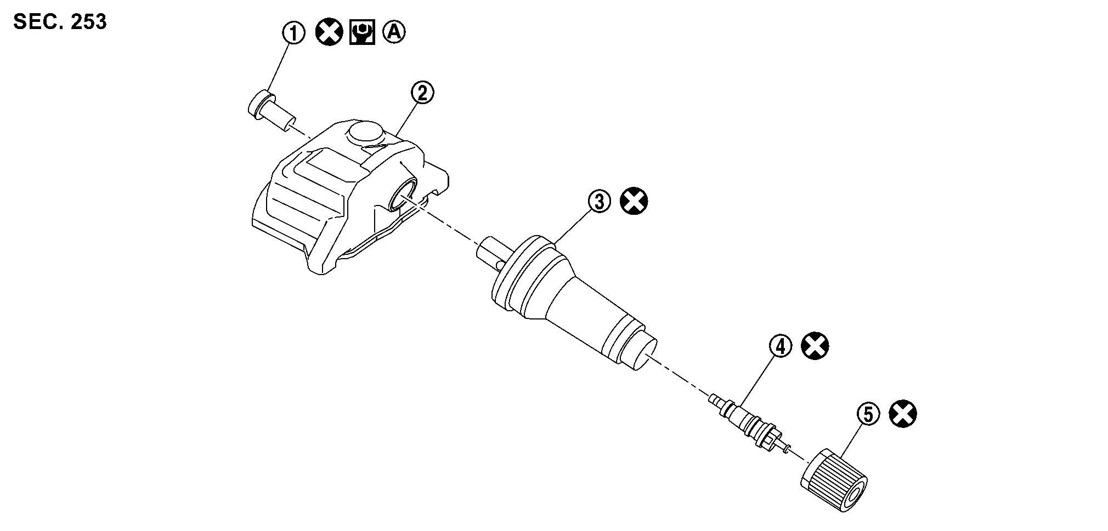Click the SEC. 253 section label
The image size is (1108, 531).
pos(60,21)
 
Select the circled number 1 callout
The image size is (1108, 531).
pos(293,33)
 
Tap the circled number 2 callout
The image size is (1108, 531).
pos(422,93)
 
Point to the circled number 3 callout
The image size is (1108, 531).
pos(600,202)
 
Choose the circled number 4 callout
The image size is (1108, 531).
pos(781,346)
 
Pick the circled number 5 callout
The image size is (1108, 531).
pos(868,414)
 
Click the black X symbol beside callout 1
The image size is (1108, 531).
pos(329,33)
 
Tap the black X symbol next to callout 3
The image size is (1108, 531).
pos(634,201)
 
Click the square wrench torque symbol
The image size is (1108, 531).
pos(362,33)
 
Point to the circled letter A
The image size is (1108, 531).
pos(394,33)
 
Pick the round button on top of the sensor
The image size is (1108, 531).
pos(364,133)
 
